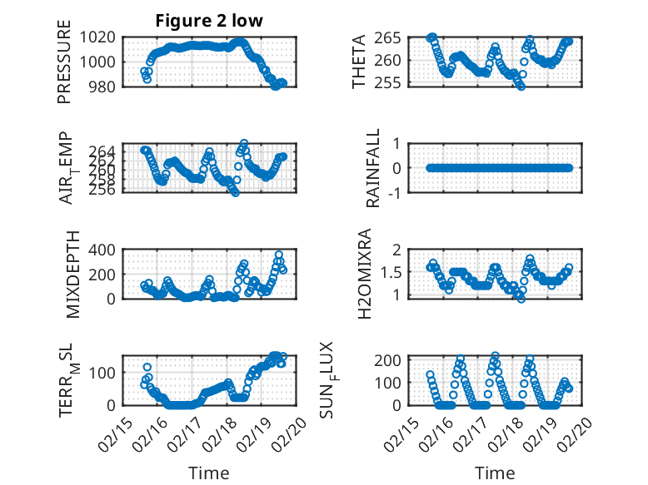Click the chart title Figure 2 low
pyautogui.click(x=209, y=22)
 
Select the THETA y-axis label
pyautogui.click(x=359, y=62)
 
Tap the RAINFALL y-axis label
pyautogui.click(x=374, y=168)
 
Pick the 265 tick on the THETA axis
pyautogui.click(x=394, y=37)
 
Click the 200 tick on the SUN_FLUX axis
pyautogui.click(x=393, y=359)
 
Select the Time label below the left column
pyautogui.click(x=208, y=473)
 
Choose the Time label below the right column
pyautogui.click(x=495, y=473)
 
